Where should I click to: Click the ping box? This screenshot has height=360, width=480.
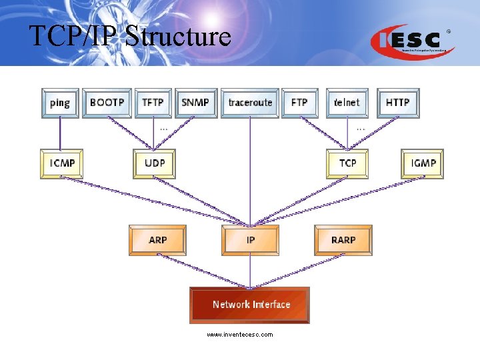(59, 103)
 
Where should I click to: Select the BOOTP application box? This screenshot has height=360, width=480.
(107, 103)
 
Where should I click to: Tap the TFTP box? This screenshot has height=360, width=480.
(153, 103)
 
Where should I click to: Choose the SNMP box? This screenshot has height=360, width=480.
(195, 103)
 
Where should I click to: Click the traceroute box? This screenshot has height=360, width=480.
(250, 103)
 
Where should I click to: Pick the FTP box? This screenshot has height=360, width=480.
(299, 103)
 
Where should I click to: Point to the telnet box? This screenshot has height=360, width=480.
(347, 103)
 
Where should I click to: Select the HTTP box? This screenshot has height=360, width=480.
(398, 103)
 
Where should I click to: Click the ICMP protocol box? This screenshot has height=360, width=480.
(62, 163)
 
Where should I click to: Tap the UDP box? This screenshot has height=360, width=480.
(154, 163)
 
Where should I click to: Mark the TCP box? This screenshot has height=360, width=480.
(347, 163)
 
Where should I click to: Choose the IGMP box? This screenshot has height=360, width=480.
(423, 163)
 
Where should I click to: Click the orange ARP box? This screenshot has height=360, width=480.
(157, 240)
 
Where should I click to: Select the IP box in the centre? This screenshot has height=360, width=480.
(250, 240)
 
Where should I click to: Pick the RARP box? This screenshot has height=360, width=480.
(343, 240)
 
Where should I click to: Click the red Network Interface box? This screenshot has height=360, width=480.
(250, 305)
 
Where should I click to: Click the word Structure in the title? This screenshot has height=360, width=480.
(178, 36)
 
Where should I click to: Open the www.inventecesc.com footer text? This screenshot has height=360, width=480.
(239, 335)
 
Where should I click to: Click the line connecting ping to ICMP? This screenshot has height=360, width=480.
(59, 133)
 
